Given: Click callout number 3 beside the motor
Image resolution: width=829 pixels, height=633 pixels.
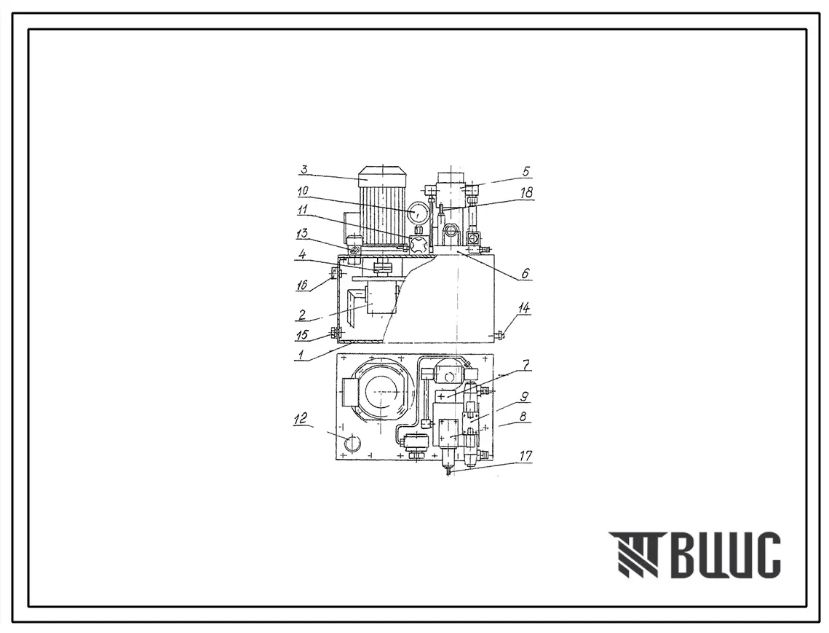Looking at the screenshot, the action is [x=304, y=170].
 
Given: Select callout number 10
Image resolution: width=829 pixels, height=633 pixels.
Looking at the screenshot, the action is [x=304, y=191].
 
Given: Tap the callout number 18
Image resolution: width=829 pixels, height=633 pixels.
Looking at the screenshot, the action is [x=526, y=192].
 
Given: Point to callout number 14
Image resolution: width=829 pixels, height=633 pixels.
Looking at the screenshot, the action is [x=524, y=309].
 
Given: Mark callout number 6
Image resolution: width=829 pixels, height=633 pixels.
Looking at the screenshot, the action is [x=525, y=273].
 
